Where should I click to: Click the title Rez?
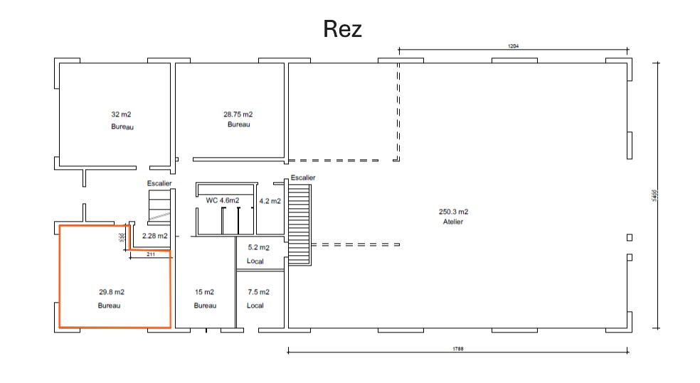(x=342, y=29)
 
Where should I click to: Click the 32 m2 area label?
(x=121, y=114)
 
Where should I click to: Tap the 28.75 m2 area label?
(x=238, y=114)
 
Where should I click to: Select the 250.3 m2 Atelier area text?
(x=453, y=212)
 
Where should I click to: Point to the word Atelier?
(x=453, y=222)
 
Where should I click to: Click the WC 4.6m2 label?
(x=222, y=200)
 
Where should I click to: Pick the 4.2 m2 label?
(x=270, y=201)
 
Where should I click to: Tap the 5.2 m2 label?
(x=258, y=248)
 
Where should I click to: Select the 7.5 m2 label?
(x=258, y=292)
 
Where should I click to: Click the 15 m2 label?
(x=205, y=292)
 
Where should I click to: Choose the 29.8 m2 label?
(x=112, y=292)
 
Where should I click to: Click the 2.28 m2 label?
(x=154, y=235)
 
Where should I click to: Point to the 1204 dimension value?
(x=513, y=45)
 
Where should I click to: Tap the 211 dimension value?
(x=150, y=254)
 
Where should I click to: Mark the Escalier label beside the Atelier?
(x=303, y=178)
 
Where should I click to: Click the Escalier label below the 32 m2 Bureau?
(x=159, y=183)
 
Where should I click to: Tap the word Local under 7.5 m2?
(x=255, y=306)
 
